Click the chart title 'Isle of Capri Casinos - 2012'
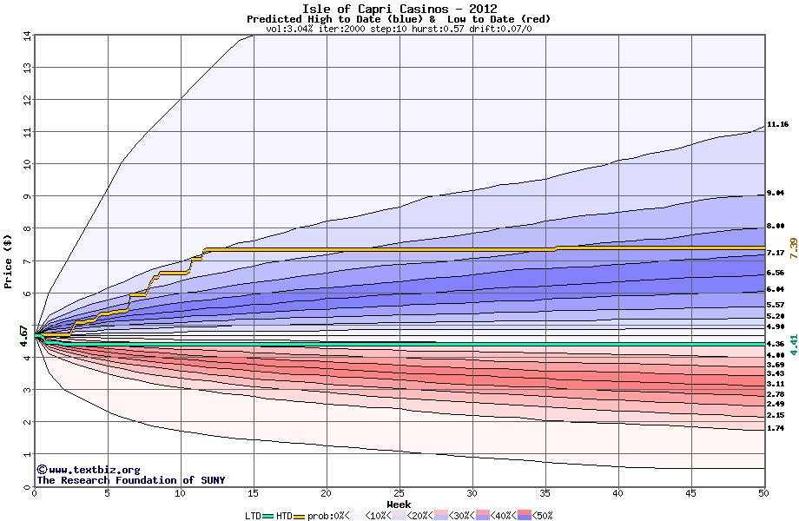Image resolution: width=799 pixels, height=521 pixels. coord(399,9)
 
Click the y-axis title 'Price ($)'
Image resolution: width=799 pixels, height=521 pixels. coord(10,260)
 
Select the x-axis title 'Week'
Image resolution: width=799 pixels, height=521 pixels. coord(399,504)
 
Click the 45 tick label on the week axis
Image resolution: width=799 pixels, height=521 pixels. coord(690,493)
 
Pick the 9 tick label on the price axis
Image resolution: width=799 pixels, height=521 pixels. coord(27,196)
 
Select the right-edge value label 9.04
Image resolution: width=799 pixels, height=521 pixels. coord(776,194)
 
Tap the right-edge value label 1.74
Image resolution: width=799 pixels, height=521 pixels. coord(776,428)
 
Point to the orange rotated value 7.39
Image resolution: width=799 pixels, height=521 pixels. coord(792,247)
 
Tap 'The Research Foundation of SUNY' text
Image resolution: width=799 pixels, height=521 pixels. coord(128,480)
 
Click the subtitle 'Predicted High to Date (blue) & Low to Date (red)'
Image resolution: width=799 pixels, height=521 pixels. coord(399,19)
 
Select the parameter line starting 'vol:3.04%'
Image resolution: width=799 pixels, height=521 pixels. coord(399,29)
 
